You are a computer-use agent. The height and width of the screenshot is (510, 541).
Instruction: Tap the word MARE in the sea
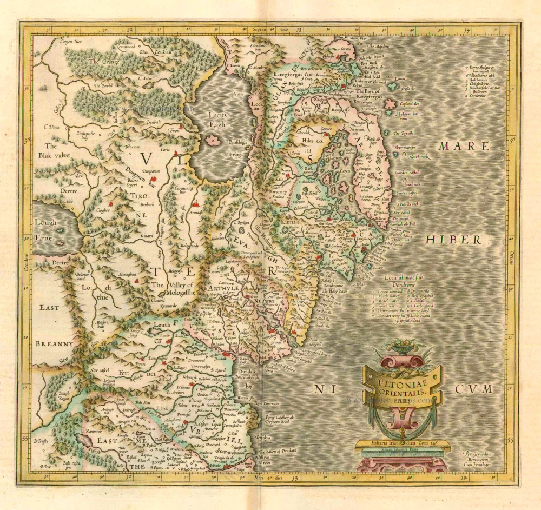[464, 147]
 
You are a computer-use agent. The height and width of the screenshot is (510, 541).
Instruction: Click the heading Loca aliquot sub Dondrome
[406, 281]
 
